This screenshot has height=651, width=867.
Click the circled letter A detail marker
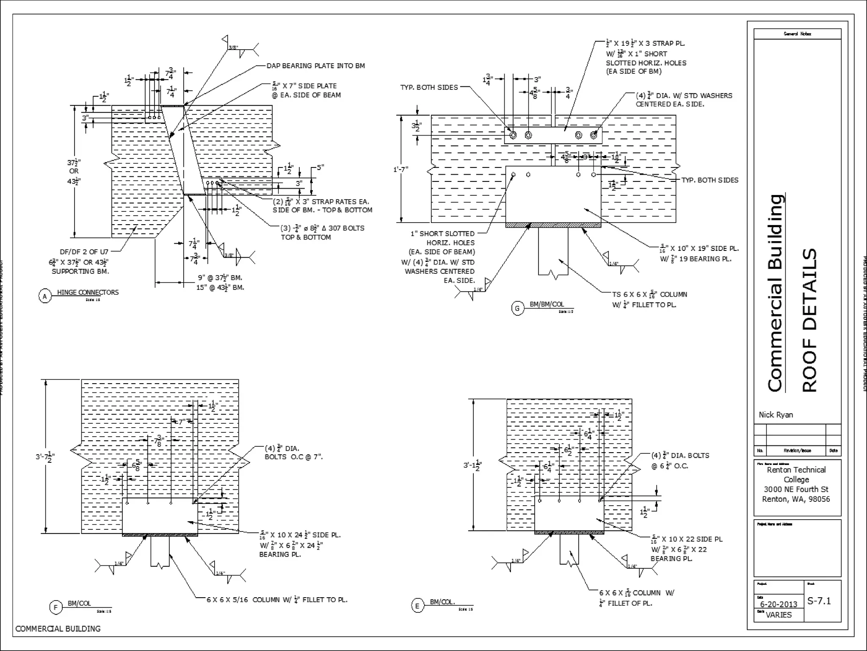(45, 296)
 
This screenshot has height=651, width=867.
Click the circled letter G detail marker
(517, 309)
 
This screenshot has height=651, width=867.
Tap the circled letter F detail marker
(55, 608)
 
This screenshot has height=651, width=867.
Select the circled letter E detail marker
(417, 606)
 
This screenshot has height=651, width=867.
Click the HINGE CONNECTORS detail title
(88, 292)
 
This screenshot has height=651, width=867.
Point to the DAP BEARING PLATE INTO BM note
(315, 66)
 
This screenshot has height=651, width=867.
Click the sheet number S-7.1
(819, 601)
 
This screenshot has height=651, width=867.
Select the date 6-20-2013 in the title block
(778, 604)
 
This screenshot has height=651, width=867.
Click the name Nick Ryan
(776, 415)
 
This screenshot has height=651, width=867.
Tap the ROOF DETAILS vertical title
(809, 320)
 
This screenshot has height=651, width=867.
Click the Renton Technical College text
(796, 475)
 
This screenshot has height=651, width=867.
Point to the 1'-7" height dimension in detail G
(400, 169)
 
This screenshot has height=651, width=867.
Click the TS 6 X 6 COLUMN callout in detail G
(649, 295)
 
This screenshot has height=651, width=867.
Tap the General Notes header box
(797, 34)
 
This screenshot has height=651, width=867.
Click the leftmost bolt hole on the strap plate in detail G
(513, 135)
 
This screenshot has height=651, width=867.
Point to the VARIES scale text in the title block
(778, 615)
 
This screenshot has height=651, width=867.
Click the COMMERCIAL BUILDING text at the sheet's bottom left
(58, 629)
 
